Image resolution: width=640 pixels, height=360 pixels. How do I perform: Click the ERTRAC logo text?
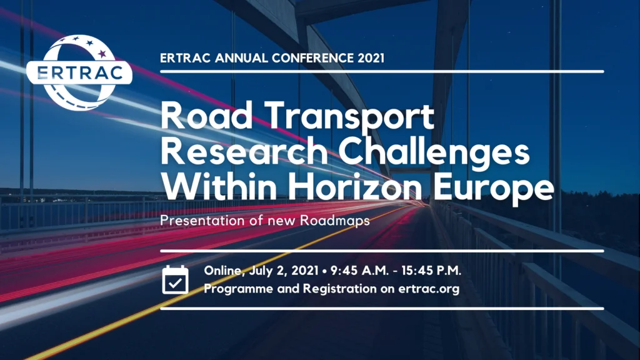click(79, 72)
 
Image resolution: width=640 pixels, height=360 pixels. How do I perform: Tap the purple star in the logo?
click(102, 53)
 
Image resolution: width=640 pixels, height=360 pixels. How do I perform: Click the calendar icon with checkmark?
click(175, 279)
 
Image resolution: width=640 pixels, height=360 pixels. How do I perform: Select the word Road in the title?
click(206, 116)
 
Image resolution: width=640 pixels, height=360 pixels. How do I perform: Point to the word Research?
click(244, 151)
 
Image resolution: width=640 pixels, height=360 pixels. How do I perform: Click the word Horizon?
click(355, 186)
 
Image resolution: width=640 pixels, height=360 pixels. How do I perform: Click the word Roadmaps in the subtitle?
click(335, 221)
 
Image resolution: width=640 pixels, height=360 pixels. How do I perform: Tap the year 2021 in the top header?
click(371, 58)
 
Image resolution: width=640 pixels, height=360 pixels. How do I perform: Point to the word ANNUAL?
click(241, 58)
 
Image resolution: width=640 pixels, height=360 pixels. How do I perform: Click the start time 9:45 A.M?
click(359, 271)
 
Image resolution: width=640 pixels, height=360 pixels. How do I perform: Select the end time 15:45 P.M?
click(431, 271)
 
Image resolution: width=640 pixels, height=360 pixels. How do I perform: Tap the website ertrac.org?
click(429, 289)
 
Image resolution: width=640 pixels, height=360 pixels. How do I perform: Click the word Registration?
click(339, 289)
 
